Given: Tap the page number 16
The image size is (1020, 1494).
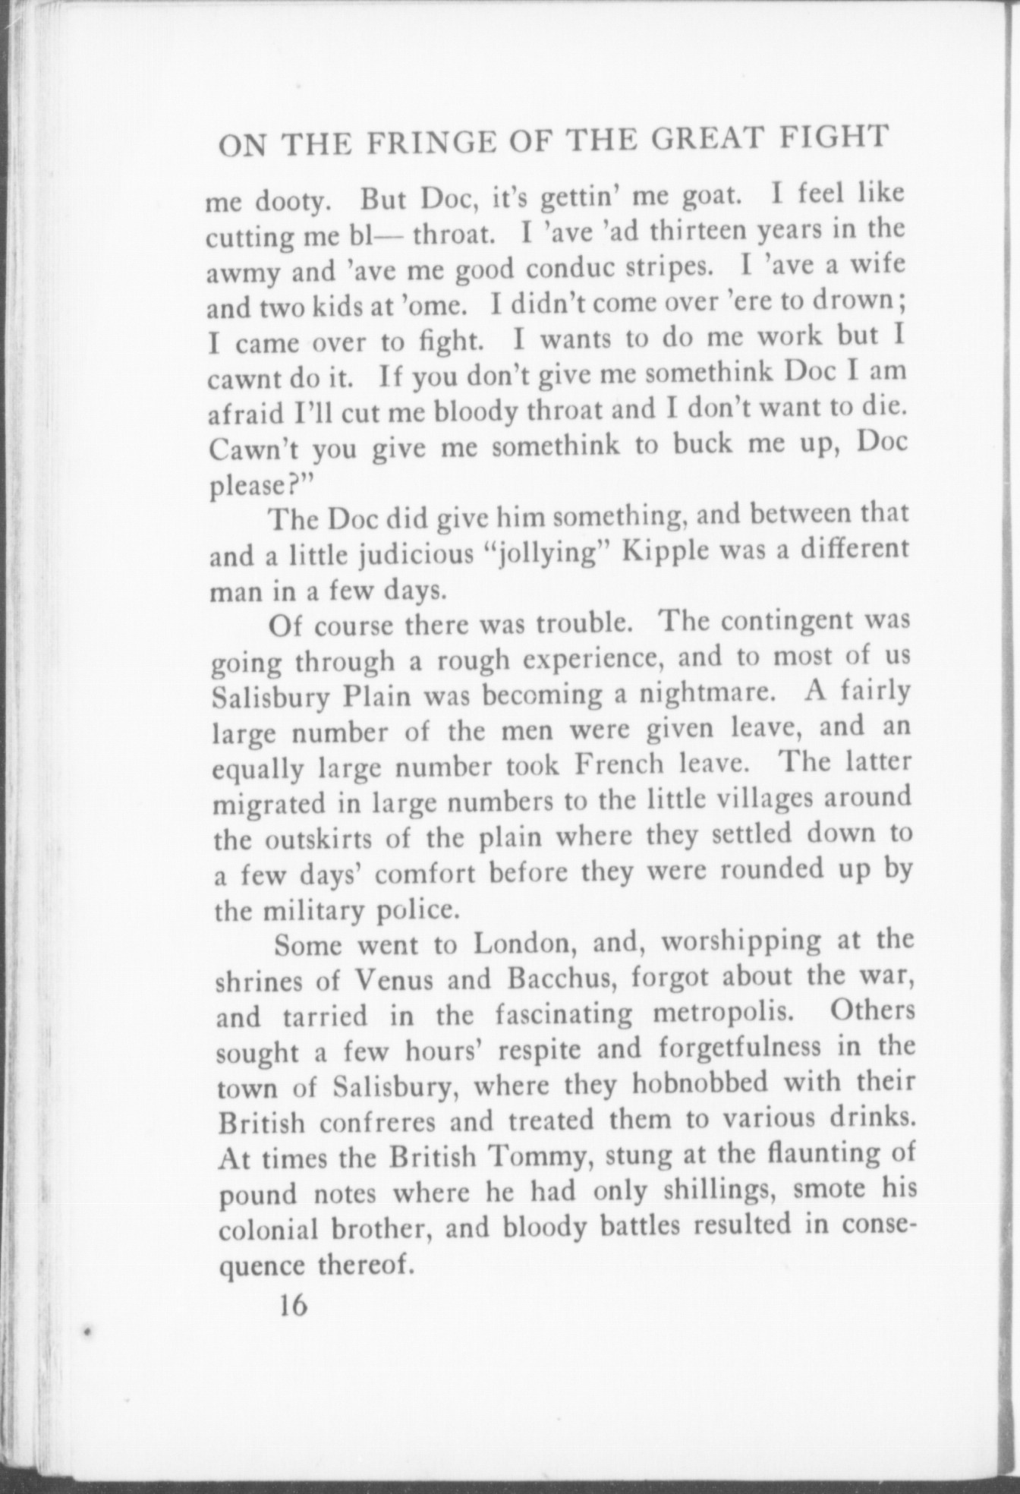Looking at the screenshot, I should [292, 1304].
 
